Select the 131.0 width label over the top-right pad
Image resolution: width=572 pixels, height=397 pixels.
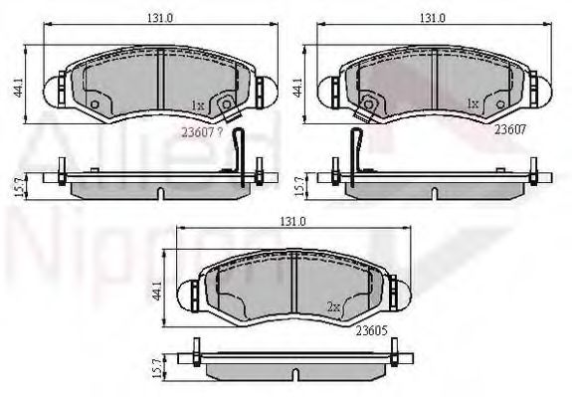[430, 18]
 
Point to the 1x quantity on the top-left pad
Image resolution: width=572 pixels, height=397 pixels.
[197, 103]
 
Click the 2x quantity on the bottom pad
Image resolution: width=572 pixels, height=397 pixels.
[334, 306]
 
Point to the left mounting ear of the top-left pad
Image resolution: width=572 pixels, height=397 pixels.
[56, 90]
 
